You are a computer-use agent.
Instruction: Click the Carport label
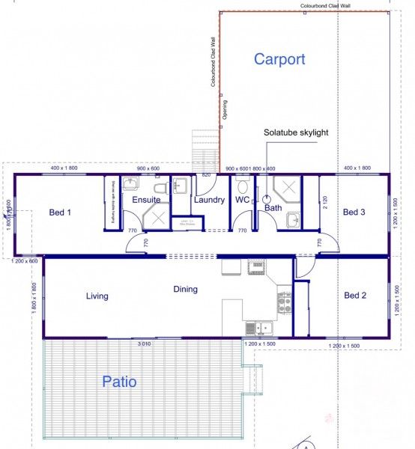point(279,59)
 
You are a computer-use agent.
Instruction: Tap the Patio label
point(119,382)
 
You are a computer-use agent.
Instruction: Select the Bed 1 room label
point(60,213)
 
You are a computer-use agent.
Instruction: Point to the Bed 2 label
point(354,296)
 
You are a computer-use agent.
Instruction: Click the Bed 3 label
point(354,213)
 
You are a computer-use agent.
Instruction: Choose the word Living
point(97,296)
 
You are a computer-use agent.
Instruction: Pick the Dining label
point(185,290)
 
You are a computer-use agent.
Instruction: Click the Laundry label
point(209,201)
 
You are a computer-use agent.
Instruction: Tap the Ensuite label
point(146,201)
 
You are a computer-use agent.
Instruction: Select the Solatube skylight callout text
point(296,132)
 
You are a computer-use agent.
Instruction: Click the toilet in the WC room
point(242,185)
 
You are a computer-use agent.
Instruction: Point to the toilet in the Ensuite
point(158,186)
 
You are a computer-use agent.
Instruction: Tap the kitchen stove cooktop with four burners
point(285,302)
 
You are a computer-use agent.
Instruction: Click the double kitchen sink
point(259,327)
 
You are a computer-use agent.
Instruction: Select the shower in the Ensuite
point(157,219)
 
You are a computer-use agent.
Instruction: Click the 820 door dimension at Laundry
point(205,174)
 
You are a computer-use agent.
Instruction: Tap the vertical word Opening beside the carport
point(225,110)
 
